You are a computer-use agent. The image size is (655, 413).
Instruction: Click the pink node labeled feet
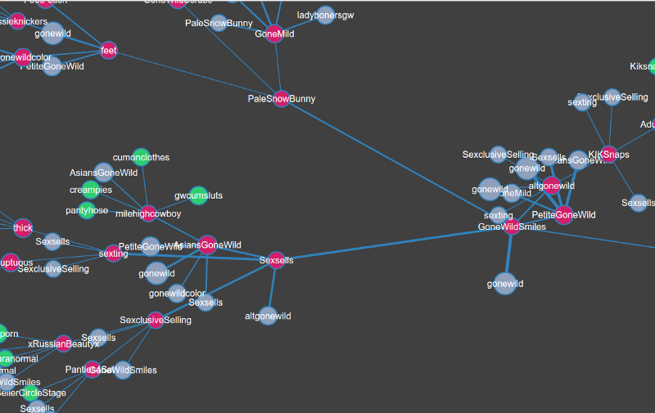109,51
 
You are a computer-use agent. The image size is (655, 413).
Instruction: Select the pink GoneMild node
274,34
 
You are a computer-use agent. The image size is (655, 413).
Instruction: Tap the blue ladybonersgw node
325,16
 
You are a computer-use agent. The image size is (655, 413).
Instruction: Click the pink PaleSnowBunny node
282,98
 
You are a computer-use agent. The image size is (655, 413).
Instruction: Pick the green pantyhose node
88,210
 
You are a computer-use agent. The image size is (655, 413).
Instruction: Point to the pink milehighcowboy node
148,213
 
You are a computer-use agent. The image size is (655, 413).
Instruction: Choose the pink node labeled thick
23,228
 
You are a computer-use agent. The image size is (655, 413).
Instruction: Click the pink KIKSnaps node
608,154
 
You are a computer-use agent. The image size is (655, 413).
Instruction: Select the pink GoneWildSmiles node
512,227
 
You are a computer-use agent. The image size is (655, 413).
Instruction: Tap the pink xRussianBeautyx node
63,343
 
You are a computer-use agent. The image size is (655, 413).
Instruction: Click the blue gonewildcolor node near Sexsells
177,294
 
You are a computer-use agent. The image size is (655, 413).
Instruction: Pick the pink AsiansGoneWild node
208,245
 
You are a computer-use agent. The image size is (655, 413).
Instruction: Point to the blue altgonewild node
268,316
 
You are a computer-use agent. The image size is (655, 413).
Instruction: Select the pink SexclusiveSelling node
156,320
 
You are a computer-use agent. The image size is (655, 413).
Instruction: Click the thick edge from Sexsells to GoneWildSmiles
393,244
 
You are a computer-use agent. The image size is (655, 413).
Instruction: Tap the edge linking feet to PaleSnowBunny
196,75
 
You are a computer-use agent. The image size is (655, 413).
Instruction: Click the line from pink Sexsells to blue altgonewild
272,288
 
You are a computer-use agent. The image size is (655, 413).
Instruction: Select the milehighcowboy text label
148,213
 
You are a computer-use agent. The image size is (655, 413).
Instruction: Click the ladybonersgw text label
325,16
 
